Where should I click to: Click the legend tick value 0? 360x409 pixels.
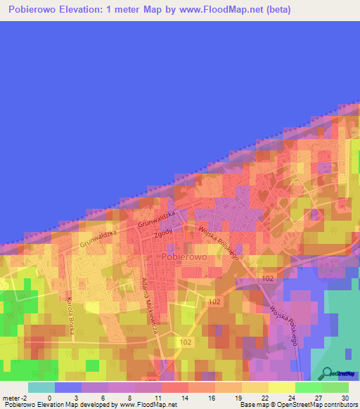point(49,397)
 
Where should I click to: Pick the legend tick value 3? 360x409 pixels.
point(75,397)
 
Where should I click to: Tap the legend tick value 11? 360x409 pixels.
point(156,397)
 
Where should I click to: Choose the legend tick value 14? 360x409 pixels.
point(183,397)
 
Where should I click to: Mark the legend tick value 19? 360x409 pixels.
point(237,397)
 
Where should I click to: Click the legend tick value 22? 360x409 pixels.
point(264,397)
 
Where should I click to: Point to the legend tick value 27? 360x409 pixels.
point(318,397)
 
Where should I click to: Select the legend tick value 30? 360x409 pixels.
point(344,397)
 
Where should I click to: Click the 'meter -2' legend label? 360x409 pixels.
point(15,397)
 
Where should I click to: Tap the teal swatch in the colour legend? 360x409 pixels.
point(41,387)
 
